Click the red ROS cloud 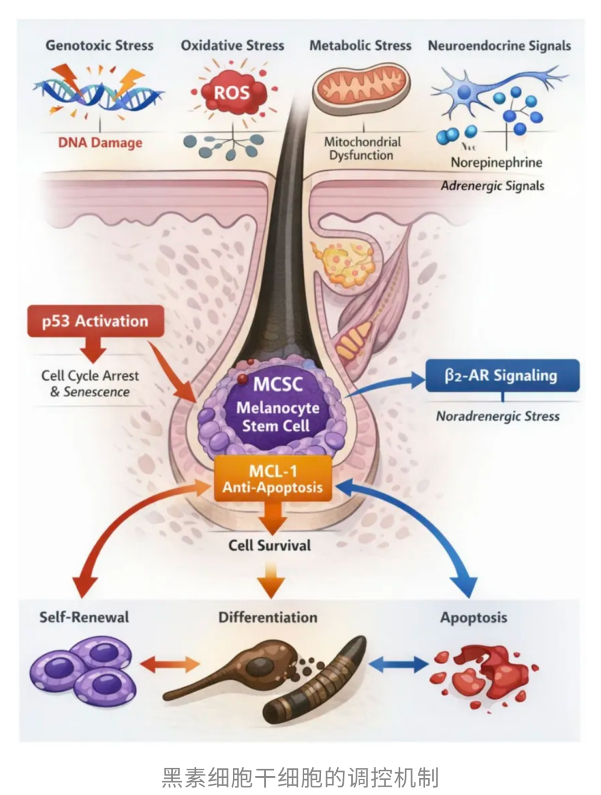coord(231,93)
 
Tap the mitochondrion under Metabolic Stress coord(362,89)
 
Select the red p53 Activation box coord(96,321)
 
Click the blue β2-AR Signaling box coord(502,376)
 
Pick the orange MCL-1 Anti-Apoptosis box coord(273,478)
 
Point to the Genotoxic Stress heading coord(100,45)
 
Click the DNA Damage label coord(100,142)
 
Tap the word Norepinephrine coord(496,162)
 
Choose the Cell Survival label coord(269,545)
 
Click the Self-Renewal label coord(84,617)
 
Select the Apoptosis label coord(473,617)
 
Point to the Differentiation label coord(268,617)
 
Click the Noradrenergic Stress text coord(498,416)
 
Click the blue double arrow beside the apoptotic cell coord(398,665)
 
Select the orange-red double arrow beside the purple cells coord(170,665)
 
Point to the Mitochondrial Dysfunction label coord(362,148)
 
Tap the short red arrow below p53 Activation coord(93,350)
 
